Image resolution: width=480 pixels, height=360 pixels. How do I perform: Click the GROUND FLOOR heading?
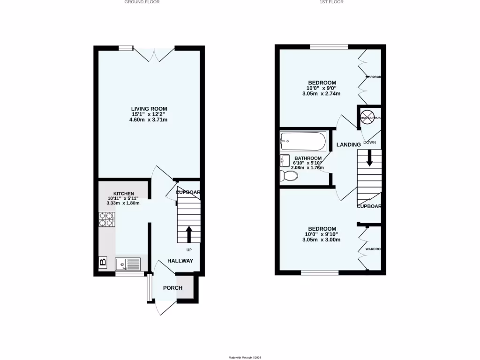click(x=142, y=2)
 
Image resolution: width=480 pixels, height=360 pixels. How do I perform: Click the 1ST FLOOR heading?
click(x=331, y=2)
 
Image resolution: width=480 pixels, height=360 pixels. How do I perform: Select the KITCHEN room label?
click(x=124, y=194)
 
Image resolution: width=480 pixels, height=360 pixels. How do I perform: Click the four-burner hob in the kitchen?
click(x=106, y=220)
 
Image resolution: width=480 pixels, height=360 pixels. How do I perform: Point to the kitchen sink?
click(x=127, y=264)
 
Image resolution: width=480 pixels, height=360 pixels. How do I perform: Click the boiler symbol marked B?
click(x=103, y=262)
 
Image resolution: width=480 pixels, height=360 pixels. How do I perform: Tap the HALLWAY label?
click(x=180, y=261)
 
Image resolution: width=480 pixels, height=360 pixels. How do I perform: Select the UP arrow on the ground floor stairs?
click(x=189, y=233)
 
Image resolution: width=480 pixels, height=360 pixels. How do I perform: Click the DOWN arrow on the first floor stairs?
click(x=369, y=157)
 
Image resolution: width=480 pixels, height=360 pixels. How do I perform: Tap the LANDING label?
click(x=349, y=145)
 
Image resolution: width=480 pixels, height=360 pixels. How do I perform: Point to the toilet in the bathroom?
click(x=288, y=176)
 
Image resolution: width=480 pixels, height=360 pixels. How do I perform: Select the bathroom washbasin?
click(x=284, y=161)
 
